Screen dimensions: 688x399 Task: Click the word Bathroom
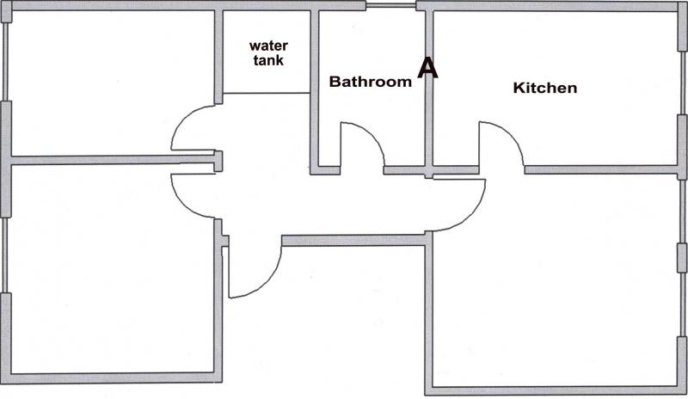(x=371, y=82)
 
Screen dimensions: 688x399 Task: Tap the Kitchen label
(x=545, y=88)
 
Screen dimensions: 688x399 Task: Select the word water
(x=268, y=46)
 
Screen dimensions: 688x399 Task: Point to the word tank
(x=268, y=60)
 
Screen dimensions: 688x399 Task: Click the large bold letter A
(x=427, y=68)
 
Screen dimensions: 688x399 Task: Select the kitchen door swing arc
(x=509, y=134)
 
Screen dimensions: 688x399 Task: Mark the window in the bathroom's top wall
(x=391, y=5)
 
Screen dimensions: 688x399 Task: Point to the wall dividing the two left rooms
(x=113, y=159)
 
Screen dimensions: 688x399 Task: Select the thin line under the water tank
(x=267, y=93)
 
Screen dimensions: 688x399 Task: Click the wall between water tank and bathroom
(x=314, y=90)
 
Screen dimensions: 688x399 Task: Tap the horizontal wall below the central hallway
(x=353, y=240)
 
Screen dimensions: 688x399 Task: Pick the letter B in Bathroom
(x=335, y=82)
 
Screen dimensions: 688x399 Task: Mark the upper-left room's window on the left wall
(x=5, y=61)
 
